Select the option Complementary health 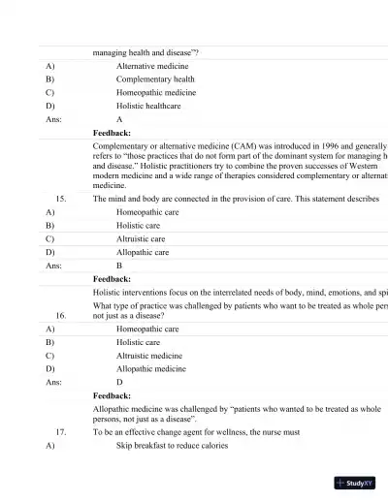155,79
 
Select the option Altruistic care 141,237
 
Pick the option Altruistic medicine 149,356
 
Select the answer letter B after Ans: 119,264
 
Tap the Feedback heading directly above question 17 112,395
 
